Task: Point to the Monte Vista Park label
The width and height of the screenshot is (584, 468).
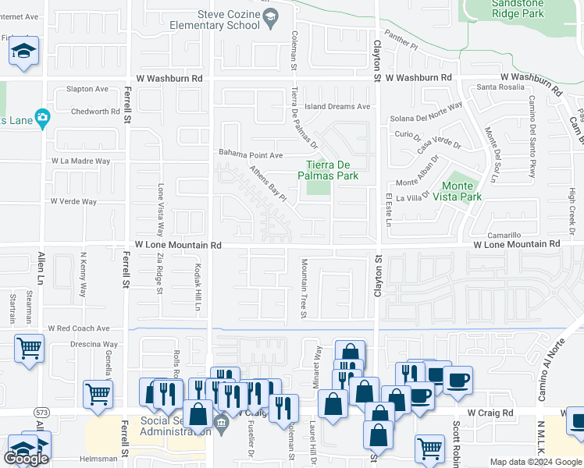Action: [x=461, y=191]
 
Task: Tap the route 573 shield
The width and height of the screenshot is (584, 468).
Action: [x=41, y=411]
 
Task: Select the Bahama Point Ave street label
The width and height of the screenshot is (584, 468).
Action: [x=251, y=154]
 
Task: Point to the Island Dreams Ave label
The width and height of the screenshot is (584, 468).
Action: [x=337, y=107]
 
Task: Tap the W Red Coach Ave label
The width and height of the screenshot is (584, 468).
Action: [x=78, y=329]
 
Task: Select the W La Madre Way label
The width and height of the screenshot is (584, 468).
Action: [x=81, y=161]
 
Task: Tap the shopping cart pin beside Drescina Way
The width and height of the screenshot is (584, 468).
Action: [x=29, y=348]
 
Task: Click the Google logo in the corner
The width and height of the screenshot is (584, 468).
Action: [x=26, y=459]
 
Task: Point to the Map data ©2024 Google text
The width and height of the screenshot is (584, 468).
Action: [x=535, y=462]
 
